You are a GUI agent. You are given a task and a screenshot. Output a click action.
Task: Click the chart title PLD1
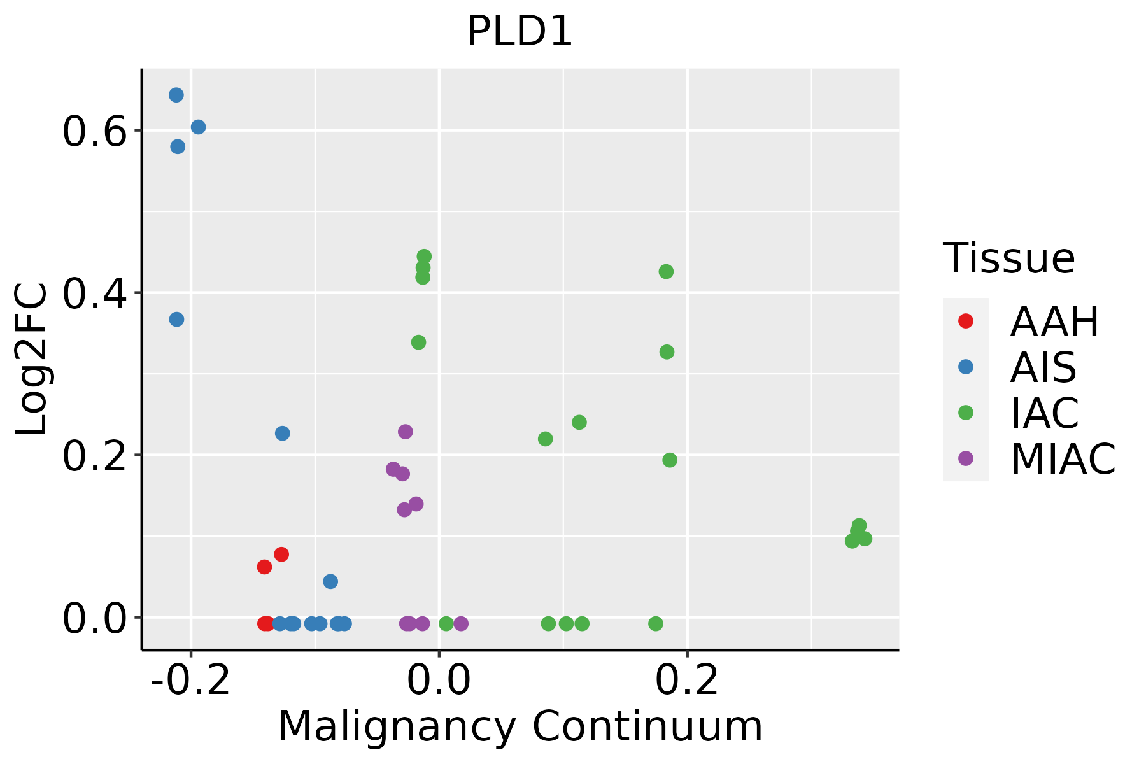click(x=520, y=32)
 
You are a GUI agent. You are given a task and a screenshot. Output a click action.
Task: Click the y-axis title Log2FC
click(x=32, y=360)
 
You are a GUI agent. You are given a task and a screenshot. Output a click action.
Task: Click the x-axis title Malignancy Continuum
click(x=520, y=726)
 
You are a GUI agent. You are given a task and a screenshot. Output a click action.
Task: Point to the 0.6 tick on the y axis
click(x=92, y=131)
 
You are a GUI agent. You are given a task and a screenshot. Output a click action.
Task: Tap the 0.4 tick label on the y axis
click(x=92, y=294)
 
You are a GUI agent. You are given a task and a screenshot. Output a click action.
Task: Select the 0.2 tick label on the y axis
click(x=92, y=456)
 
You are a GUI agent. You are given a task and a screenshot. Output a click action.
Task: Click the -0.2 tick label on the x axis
click(x=190, y=681)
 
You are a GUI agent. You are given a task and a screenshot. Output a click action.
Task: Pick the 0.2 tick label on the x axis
click(x=687, y=681)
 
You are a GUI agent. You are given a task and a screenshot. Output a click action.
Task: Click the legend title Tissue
click(x=1009, y=258)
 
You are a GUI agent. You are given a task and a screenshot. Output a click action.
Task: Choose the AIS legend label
click(x=1043, y=367)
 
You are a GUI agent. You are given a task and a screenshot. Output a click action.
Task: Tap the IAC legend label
click(x=1044, y=413)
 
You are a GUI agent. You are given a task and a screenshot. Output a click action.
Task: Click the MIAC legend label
click(x=1063, y=459)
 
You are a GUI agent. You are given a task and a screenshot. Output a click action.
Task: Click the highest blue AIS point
click(x=176, y=95)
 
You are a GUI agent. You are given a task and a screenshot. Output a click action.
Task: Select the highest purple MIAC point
click(x=406, y=432)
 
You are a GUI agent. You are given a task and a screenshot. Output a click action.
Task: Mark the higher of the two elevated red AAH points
click(x=281, y=554)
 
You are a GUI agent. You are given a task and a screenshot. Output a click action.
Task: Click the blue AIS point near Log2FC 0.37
click(x=176, y=319)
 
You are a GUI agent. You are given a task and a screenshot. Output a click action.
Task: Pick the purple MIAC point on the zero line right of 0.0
click(x=461, y=623)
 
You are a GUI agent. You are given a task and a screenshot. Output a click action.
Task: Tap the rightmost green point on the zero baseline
click(x=656, y=623)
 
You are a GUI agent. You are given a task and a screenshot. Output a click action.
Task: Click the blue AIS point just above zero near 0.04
click(x=330, y=581)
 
